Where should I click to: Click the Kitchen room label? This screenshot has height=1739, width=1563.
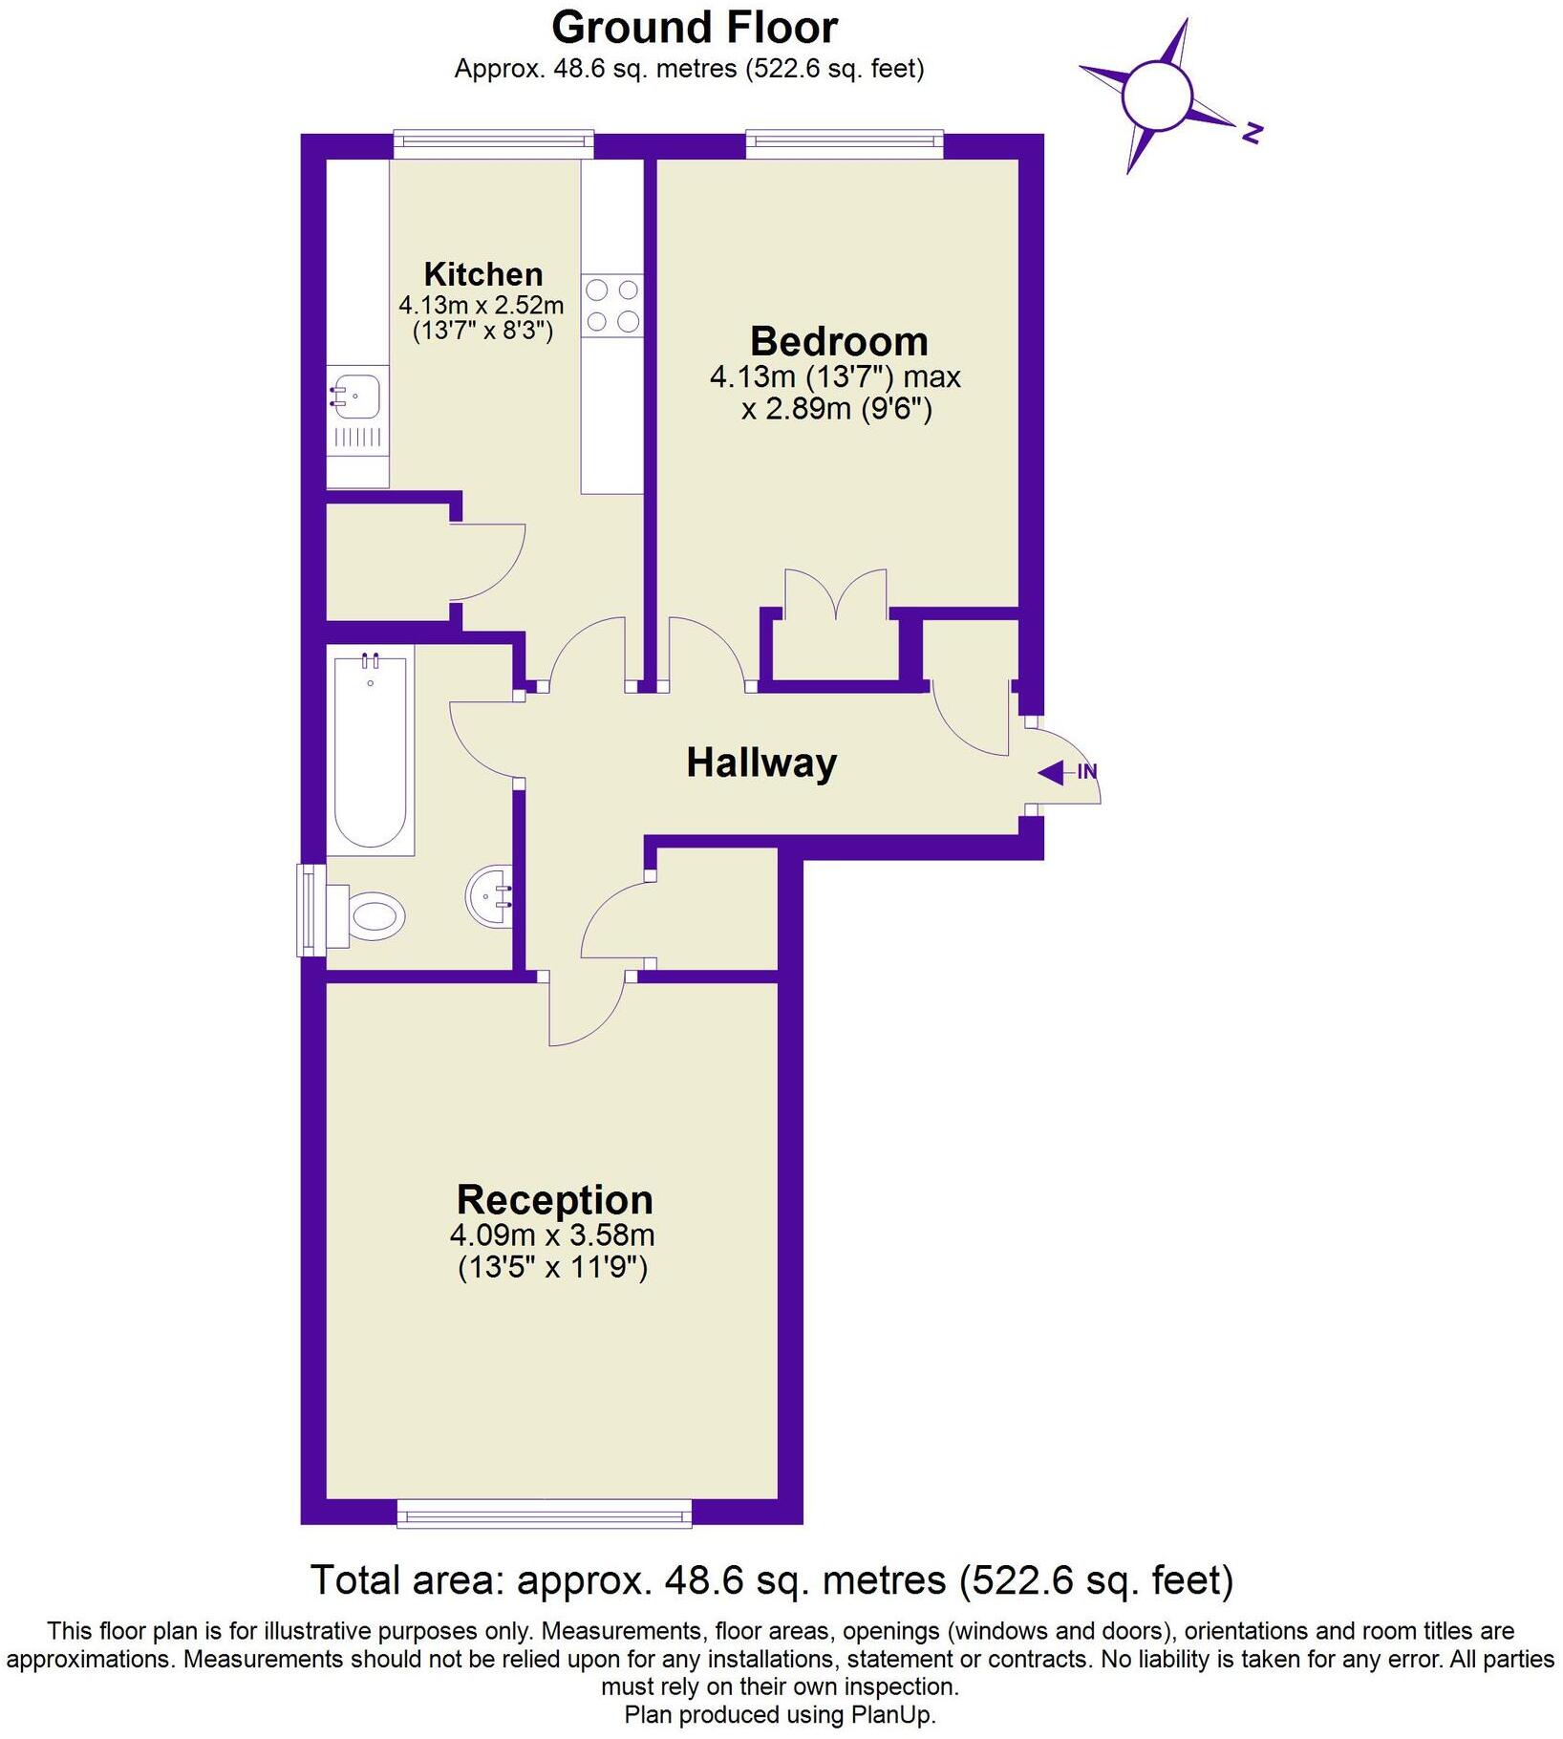pos(482,274)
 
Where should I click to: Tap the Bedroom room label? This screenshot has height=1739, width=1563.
pos(838,341)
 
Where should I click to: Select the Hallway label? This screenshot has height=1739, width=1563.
pos(760,762)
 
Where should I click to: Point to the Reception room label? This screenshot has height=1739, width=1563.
pos(554,1199)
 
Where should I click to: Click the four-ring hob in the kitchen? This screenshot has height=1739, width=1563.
pos(612,306)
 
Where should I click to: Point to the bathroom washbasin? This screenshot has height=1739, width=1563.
pos(491,896)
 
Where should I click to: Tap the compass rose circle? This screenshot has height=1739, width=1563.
pos(1157,96)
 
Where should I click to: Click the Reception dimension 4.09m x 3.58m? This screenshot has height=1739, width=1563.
pos(552,1234)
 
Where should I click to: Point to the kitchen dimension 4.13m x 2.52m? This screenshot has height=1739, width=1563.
pos(481,306)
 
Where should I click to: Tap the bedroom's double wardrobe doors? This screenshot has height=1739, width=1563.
pos(836,597)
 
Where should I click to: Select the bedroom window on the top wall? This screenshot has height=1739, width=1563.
pos(844,144)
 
